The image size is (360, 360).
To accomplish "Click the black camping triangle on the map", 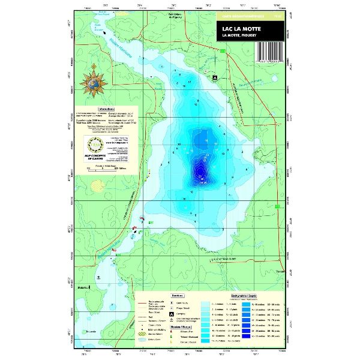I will pyautogui.click(x=214, y=77).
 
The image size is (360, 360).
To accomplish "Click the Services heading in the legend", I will pyautogui.click(x=176, y=296).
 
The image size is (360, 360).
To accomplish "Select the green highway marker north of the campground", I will pyautogui.click(x=223, y=52).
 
